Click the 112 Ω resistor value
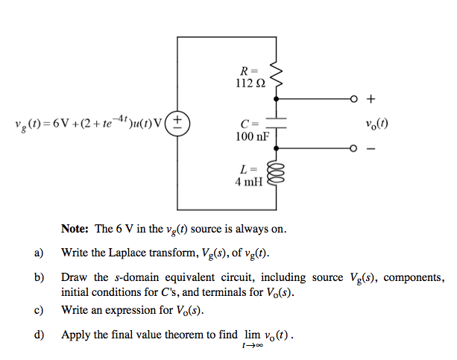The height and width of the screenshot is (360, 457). coord(248,81)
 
